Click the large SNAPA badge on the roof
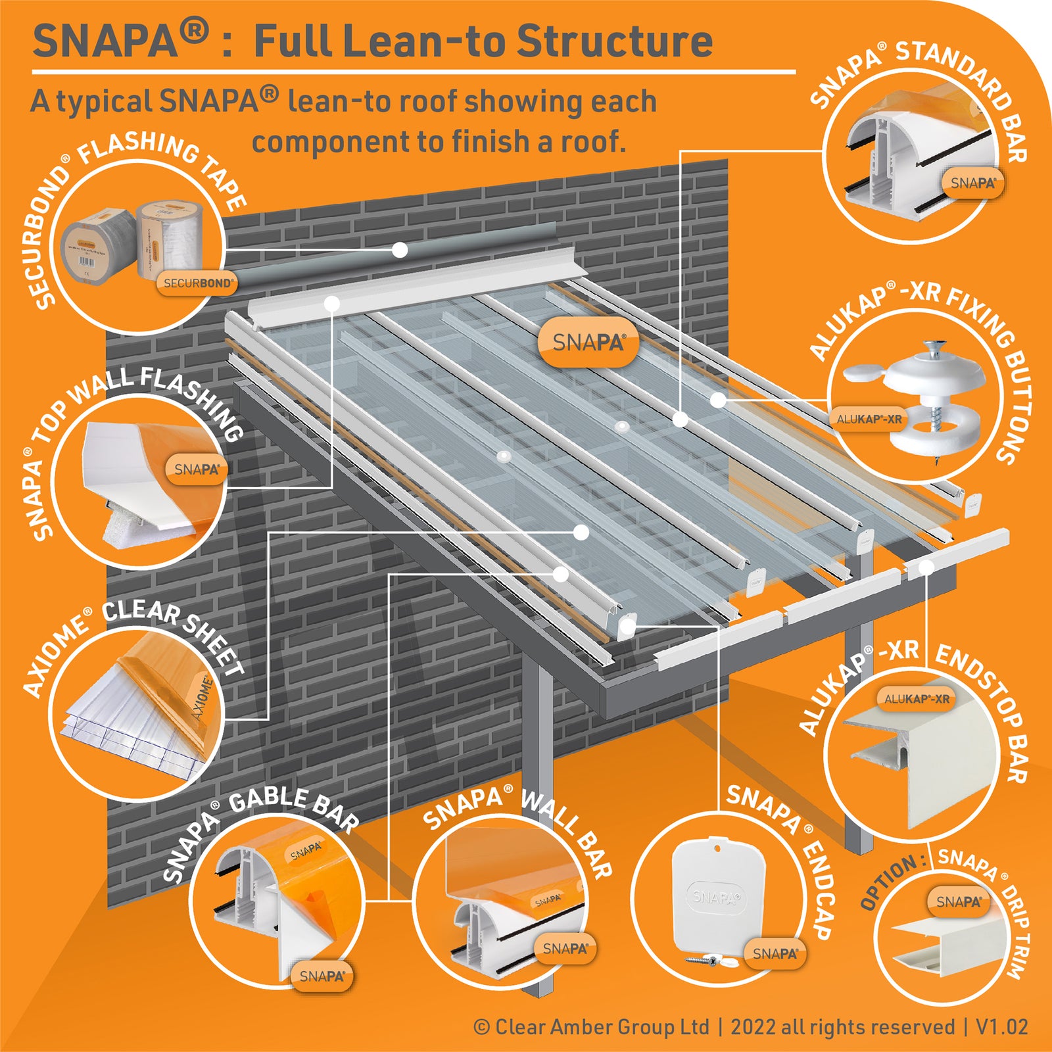(588, 343)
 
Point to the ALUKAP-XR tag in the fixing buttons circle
(869, 419)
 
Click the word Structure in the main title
(614, 41)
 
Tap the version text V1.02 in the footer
(1001, 1026)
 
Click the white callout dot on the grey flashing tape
(400, 250)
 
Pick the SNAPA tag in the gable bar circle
(322, 976)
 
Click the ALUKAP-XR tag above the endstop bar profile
(916, 699)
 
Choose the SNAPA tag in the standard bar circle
(972, 183)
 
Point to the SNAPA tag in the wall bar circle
(565, 948)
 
